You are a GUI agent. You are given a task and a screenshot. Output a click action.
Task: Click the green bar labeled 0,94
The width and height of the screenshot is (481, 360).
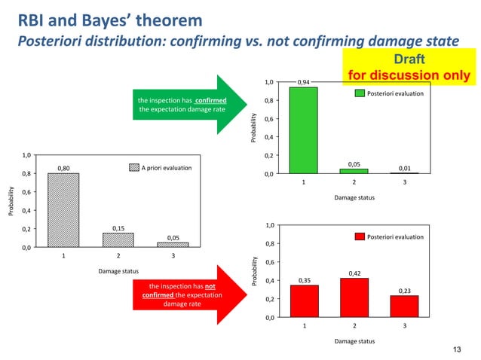click(304, 130)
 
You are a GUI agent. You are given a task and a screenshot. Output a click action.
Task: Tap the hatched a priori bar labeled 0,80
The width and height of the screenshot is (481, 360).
click(63, 210)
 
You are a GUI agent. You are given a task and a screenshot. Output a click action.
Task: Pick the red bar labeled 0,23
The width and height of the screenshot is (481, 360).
click(404, 307)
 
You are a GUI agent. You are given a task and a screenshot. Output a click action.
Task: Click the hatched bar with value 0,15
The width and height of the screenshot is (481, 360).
click(118, 239)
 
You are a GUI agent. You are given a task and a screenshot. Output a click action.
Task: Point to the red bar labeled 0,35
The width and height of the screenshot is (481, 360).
click(305, 301)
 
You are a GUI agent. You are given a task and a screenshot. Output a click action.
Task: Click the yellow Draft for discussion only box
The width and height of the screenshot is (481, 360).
click(408, 66)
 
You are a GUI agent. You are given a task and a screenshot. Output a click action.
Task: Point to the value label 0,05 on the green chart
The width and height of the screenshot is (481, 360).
click(354, 163)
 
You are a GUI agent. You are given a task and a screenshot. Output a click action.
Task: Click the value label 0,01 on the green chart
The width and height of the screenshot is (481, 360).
click(404, 169)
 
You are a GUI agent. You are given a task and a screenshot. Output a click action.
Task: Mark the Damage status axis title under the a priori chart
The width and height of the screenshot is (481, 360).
click(118, 270)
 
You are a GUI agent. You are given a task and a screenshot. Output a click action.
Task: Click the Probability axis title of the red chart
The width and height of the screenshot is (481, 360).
click(255, 271)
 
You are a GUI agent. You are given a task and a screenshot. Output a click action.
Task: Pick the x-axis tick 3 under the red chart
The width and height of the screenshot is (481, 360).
click(404, 327)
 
